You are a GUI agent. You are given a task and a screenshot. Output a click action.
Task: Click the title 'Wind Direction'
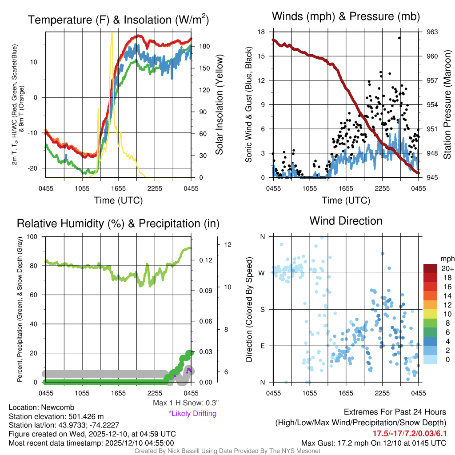346,221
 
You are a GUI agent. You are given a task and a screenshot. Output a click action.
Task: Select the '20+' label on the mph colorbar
447,268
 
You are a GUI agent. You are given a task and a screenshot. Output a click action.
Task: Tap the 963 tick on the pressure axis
432,32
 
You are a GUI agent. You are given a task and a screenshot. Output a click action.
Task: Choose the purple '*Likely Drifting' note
192,414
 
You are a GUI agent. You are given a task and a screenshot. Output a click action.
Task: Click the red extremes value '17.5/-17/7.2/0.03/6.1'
409,433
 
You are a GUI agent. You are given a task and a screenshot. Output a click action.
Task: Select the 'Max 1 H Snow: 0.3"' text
186,403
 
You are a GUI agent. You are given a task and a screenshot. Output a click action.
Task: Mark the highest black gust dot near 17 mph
399,38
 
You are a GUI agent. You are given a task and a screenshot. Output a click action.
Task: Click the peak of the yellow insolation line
112,33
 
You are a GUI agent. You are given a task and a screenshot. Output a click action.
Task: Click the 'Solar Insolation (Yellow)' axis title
220,105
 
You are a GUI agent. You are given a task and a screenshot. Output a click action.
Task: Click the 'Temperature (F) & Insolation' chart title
118,20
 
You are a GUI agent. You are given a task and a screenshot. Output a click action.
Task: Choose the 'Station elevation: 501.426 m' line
56,416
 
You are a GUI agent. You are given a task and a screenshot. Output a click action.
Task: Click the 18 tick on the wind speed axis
262,32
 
